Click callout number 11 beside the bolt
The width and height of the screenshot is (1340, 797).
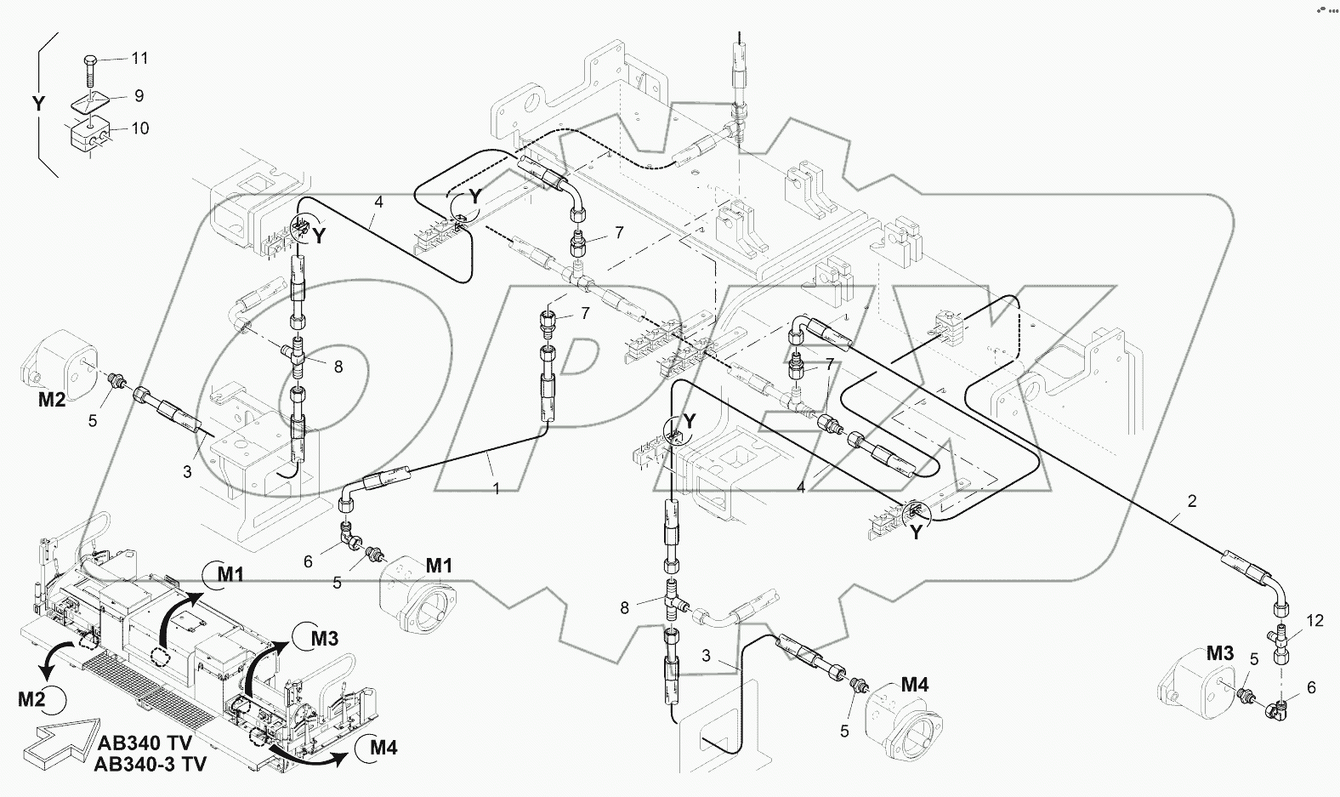(x=139, y=58)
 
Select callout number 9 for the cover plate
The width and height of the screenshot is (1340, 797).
(x=139, y=96)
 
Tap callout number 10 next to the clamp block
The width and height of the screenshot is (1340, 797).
(x=140, y=128)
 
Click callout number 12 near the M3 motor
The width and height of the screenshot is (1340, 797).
(x=1314, y=621)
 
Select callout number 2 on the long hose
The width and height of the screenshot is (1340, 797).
(x=1192, y=501)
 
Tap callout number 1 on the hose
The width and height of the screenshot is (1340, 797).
(x=496, y=489)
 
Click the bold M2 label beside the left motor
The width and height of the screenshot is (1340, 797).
(x=52, y=399)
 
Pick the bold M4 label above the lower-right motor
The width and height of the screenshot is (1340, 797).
(x=915, y=684)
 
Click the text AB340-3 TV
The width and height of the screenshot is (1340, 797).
(x=150, y=764)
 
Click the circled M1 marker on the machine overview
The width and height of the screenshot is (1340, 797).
(x=224, y=575)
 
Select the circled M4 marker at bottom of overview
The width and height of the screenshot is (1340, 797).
(x=377, y=748)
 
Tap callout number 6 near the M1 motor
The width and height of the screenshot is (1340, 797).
(x=308, y=561)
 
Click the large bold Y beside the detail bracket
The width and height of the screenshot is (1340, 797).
(x=38, y=104)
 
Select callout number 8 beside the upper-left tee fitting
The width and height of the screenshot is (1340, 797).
(x=338, y=367)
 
